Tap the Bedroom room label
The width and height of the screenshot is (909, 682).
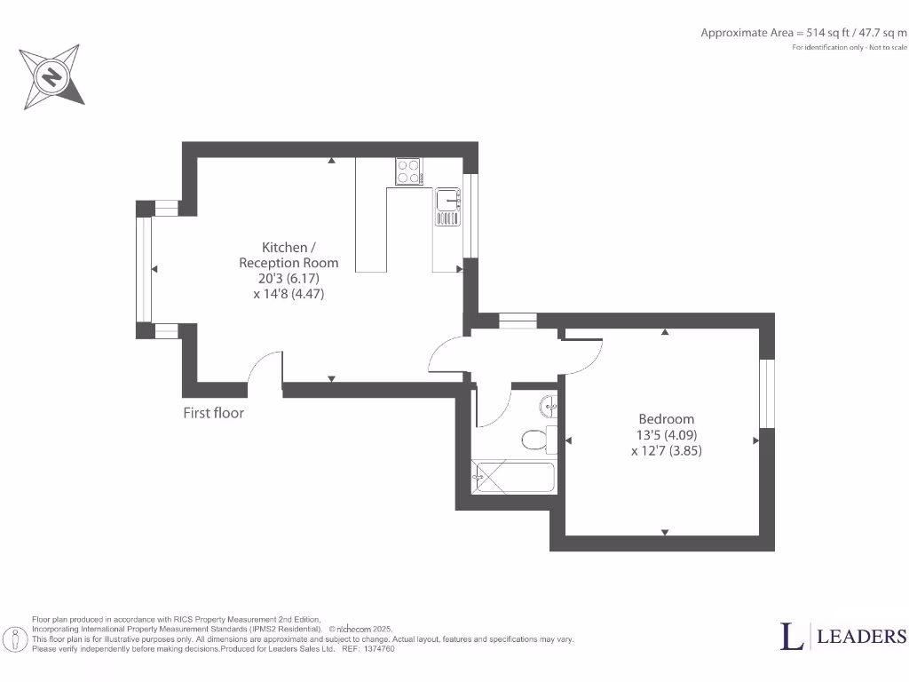coord(667,419)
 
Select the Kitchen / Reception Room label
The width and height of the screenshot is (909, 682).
coord(289,255)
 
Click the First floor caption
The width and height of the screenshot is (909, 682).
coord(213,413)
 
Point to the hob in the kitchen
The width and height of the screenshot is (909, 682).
coord(408,170)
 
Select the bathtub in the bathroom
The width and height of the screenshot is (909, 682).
coord(513,477)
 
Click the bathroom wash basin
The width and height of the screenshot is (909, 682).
coord(549,408)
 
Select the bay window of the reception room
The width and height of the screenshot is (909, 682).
coord(142,269)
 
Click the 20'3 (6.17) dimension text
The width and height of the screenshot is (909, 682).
coord(289,278)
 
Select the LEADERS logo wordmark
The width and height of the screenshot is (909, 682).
coord(860,636)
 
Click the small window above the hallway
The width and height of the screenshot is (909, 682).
coord(517,321)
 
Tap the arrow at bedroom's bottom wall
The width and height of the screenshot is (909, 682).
coord(665,532)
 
